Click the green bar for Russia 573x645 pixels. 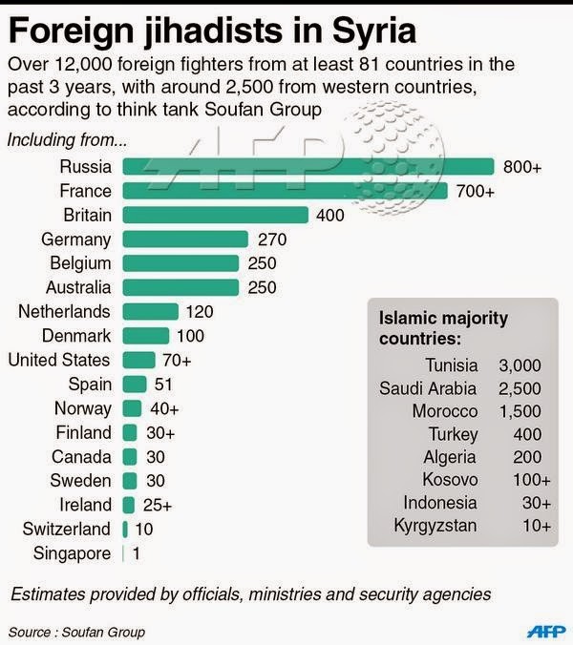(308, 167)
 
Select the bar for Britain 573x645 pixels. (215, 215)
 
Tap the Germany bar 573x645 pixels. (184, 239)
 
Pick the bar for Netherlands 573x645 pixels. (150, 312)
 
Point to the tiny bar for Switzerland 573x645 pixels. (125, 529)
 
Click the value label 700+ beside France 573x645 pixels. (475, 192)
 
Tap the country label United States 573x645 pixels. (58, 360)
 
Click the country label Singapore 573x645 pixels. (72, 552)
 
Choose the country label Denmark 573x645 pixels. (76, 336)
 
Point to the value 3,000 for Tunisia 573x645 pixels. (520, 364)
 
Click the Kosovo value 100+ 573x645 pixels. (528, 479)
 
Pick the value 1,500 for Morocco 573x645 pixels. (520, 410)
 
